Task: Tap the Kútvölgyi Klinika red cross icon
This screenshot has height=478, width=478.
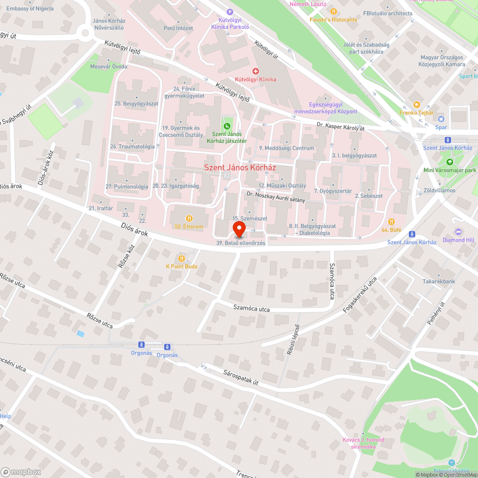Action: point(256,71)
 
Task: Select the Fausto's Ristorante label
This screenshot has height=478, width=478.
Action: point(333,20)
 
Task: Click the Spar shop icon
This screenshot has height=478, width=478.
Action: point(441,119)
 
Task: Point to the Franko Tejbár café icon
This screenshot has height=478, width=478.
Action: point(416,105)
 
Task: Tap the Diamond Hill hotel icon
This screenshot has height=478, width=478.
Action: point(458,231)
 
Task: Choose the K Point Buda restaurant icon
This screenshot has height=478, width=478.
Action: point(181,258)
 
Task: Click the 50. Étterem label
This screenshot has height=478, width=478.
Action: point(189,227)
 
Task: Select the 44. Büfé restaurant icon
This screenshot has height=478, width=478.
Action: point(391,221)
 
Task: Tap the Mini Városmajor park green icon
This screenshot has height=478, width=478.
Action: point(449,162)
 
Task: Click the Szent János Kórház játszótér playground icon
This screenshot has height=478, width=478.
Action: point(227,126)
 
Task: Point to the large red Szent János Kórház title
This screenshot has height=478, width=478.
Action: point(240,168)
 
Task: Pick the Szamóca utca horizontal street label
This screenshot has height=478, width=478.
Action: point(251,309)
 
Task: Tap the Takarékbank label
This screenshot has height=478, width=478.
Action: point(438,282)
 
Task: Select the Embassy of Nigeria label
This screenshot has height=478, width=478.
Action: point(28,9)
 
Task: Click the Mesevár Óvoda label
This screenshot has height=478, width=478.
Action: point(109,66)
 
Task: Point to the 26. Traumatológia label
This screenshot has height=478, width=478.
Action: point(132,147)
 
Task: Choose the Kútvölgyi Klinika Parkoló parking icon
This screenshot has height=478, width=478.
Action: point(230,12)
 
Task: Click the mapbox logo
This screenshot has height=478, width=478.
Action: point(22,472)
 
